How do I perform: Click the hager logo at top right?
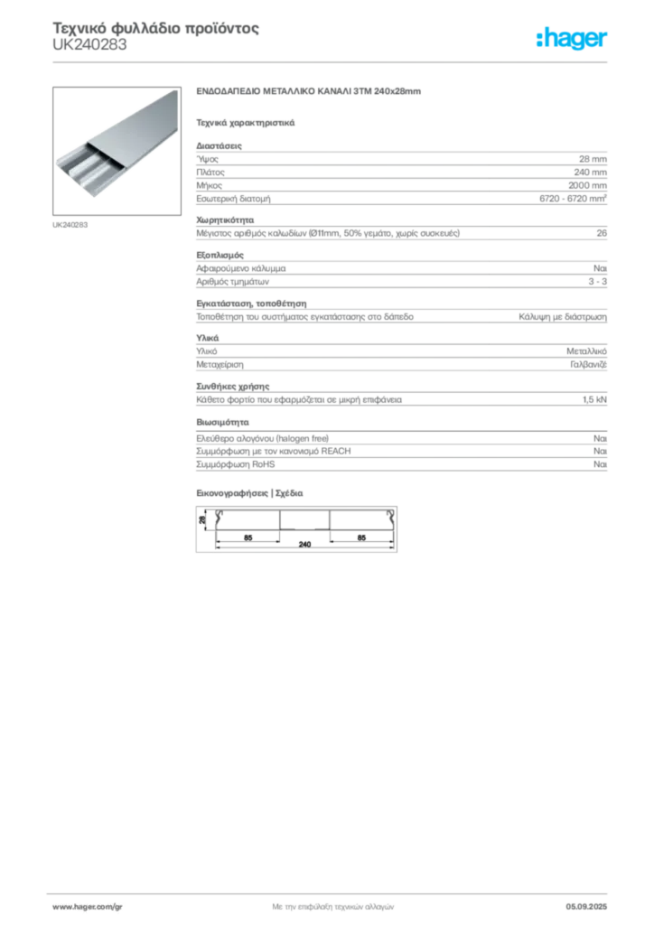572,38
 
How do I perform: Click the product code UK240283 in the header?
89,45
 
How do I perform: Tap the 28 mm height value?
593,159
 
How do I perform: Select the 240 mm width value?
590,173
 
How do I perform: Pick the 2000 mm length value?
587,185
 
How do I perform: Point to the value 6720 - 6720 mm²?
574,198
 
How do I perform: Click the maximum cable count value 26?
602,233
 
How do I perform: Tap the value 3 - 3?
597,282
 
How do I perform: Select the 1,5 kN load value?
594,399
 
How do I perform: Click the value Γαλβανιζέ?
588,365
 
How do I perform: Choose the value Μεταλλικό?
586,351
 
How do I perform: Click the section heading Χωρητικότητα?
225,220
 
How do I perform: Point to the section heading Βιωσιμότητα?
222,423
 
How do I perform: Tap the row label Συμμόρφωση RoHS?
235,464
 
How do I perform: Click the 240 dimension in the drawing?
304,544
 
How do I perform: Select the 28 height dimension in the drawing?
202,519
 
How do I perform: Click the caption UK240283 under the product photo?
70,225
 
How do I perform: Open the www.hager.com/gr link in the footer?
88,907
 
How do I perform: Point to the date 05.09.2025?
586,907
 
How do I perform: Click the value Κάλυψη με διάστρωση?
563,317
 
